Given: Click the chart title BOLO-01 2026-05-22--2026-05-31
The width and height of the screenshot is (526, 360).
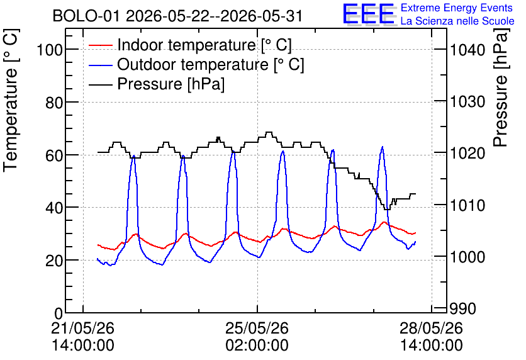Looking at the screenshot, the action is point(177,16).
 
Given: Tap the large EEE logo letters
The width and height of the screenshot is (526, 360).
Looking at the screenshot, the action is point(369,14).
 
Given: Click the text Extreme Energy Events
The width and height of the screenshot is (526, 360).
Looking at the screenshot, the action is point(457,8).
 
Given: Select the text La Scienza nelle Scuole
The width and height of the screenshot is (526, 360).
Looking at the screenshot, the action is point(457,21).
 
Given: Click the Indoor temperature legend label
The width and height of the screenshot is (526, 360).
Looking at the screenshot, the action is point(204,45).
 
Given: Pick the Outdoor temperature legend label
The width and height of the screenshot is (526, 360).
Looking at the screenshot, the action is point(211,64).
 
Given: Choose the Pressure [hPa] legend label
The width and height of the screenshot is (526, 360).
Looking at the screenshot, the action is point(171,84).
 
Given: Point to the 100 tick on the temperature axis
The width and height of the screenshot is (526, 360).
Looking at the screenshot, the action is point(50,50).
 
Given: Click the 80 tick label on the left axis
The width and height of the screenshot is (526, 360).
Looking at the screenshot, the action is point(54,103).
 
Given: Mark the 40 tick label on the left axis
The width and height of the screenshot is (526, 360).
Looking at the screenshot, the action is point(54,208).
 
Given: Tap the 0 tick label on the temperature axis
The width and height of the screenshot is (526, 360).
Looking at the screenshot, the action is point(59,313).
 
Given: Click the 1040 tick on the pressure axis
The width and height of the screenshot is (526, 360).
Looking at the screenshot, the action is point(467,50).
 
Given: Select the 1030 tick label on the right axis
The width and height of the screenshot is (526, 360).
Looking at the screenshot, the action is point(467,102).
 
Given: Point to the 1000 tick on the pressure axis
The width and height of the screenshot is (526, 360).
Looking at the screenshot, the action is point(467,257).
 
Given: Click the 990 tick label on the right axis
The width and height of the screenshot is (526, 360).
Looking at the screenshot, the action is point(463,309).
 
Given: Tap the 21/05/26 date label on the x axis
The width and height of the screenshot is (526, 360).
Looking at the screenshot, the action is point(83,328).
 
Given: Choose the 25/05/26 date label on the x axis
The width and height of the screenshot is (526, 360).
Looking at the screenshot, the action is point(257,328).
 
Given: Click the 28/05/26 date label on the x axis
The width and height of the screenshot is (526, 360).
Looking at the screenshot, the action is point(432,328).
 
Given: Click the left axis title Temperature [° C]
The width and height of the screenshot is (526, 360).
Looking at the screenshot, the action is point(11,100).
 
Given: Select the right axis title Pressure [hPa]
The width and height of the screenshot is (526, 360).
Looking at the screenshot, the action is point(501,87).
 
